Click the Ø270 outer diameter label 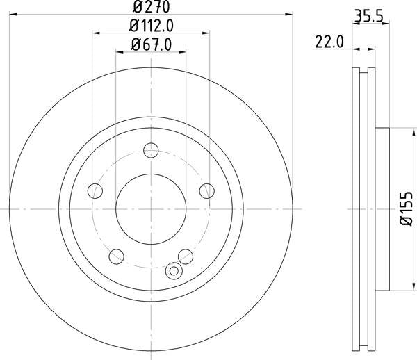150,7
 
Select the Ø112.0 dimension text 151,26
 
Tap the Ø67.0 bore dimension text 151,46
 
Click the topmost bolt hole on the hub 151,150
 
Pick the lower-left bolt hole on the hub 116,256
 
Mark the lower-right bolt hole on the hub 185,256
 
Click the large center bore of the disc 151,209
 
